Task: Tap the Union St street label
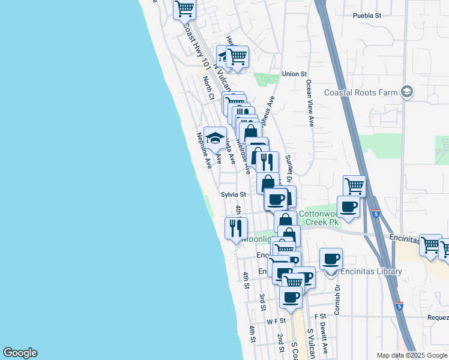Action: (x=294, y=74)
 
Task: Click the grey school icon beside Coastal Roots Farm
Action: (x=407, y=92)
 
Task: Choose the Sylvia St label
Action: (x=234, y=194)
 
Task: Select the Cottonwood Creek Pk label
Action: (x=320, y=218)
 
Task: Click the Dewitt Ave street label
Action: (x=324, y=338)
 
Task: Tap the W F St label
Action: (x=274, y=322)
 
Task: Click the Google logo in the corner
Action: (x=20, y=353)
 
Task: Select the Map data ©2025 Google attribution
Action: (x=411, y=355)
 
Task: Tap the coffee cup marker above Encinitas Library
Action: (x=331, y=259)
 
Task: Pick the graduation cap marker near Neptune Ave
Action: (x=215, y=138)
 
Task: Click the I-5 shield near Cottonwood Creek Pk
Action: (x=376, y=214)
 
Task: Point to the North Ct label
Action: (x=208, y=88)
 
